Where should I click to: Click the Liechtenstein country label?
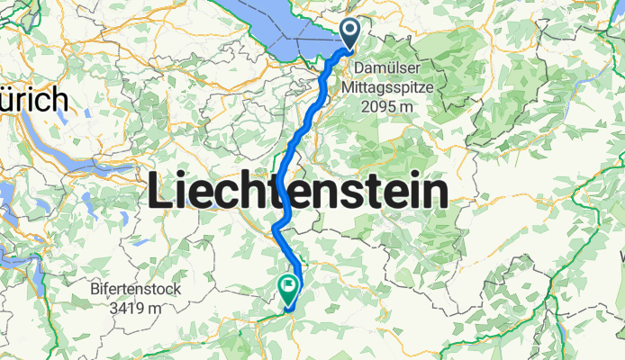[x=298, y=193]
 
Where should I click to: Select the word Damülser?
[x=382, y=68]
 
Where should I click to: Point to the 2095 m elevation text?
[x=389, y=107]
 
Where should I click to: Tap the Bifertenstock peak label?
[x=136, y=290]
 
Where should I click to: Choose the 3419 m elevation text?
[x=137, y=309]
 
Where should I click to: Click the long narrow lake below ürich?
[x=54, y=149]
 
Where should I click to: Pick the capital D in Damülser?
[x=358, y=68]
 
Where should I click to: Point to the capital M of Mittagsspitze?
[x=349, y=87]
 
